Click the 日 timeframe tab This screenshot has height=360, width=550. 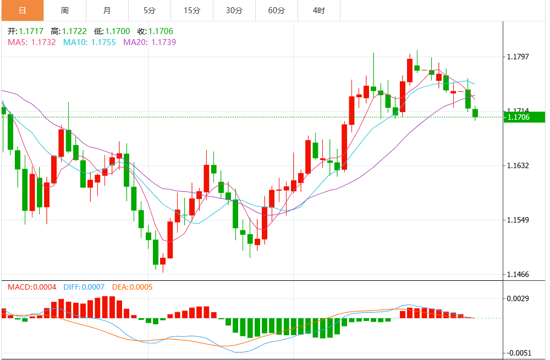(22, 10)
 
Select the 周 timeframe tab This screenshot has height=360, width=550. (65, 10)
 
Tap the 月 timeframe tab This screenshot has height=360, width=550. (107, 10)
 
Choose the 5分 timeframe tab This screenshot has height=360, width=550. (150, 10)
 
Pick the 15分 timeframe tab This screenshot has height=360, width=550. (192, 10)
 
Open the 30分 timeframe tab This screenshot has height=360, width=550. (234, 10)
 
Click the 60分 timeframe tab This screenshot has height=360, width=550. (277, 10)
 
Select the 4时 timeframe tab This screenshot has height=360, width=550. (319, 10)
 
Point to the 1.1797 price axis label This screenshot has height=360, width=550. (518, 57)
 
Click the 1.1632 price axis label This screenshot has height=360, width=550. (518, 165)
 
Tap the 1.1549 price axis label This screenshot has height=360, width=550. (518, 220)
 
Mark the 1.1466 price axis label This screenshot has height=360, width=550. (518, 274)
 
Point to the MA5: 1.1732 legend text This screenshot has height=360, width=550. (32, 42)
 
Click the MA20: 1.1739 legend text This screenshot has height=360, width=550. (149, 42)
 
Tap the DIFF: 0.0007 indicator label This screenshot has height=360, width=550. (84, 287)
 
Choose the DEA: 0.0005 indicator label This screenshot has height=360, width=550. (132, 287)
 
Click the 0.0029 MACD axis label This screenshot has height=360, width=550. (518, 298)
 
